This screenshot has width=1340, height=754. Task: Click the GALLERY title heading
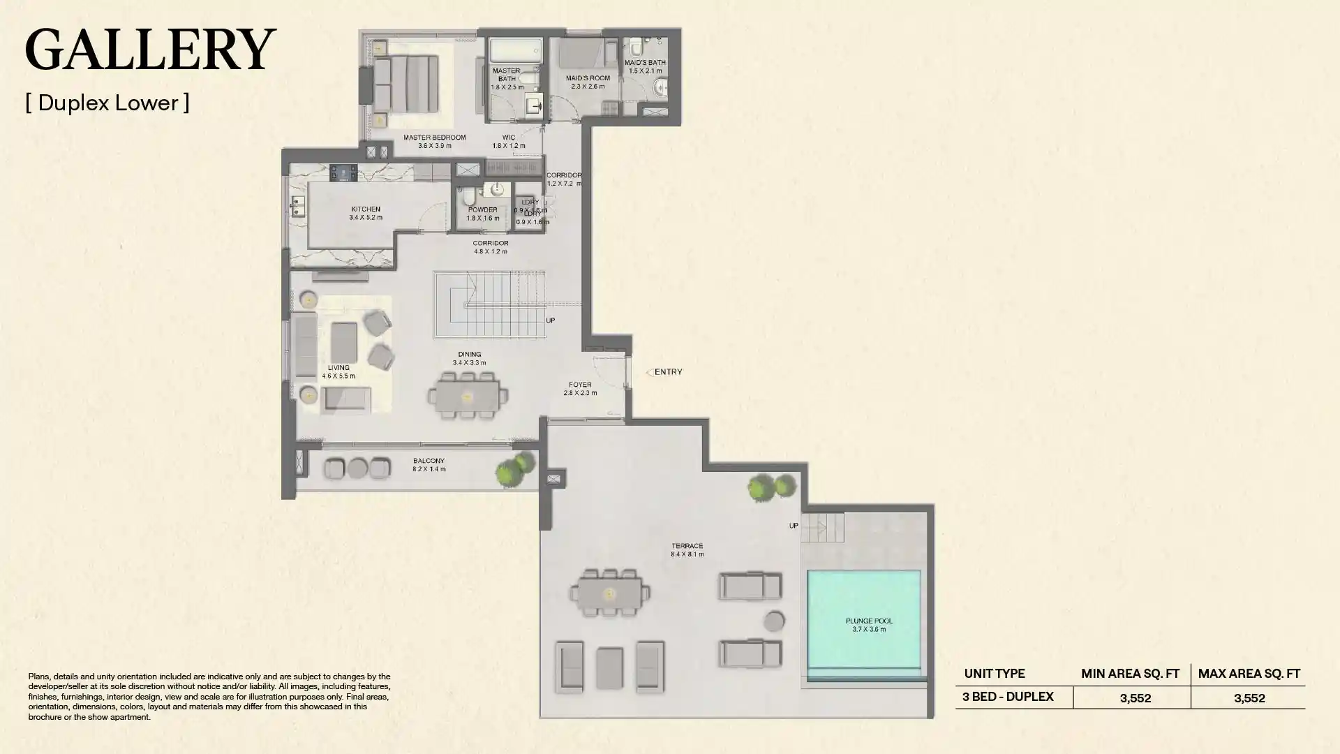click(150, 50)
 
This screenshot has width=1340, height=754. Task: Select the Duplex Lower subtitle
click(107, 103)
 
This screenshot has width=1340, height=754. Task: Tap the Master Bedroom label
click(434, 141)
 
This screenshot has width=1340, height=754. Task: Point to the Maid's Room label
click(588, 82)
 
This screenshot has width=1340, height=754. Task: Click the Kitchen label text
click(366, 213)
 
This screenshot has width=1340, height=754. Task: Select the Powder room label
click(483, 214)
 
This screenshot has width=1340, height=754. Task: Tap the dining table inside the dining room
click(467, 397)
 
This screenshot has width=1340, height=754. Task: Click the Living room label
click(338, 371)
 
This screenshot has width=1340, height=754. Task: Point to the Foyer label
click(580, 388)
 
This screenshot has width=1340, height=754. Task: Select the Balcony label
click(429, 464)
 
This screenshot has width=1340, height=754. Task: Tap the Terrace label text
click(687, 549)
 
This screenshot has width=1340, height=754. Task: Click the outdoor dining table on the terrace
click(610, 593)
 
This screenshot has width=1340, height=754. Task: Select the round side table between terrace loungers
click(774, 621)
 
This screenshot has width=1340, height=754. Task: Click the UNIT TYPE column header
click(995, 674)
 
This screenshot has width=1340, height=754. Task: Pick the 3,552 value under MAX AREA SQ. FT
click(1249, 697)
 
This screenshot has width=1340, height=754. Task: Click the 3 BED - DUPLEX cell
click(1008, 697)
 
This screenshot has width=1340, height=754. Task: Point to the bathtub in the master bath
click(515, 51)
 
